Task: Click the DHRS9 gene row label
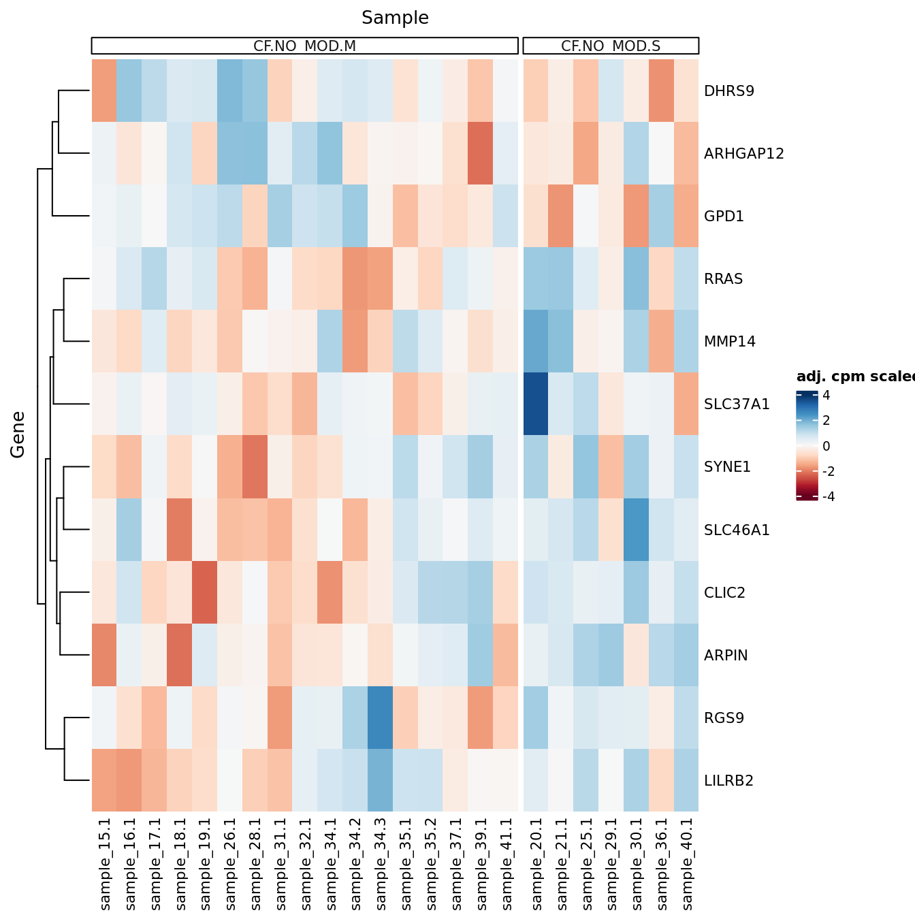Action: coord(729,91)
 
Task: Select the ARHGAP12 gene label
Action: coord(743,154)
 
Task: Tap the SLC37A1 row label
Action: coord(737,404)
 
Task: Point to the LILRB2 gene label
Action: coord(728,781)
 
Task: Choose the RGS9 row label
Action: coord(724,718)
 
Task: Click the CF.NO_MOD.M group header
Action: coord(304,46)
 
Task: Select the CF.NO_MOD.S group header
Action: coord(611,46)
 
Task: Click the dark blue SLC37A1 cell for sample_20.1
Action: coord(536,404)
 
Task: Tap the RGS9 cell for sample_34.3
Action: coord(381,718)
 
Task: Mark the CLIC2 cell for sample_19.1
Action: coord(205,592)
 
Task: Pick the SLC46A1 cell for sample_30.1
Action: coord(636,530)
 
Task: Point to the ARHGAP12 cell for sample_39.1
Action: coord(481,153)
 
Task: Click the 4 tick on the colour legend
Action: coord(826,396)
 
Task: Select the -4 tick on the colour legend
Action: coord(828,497)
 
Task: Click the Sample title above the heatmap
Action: coord(395,18)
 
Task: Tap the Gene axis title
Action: coord(18,435)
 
